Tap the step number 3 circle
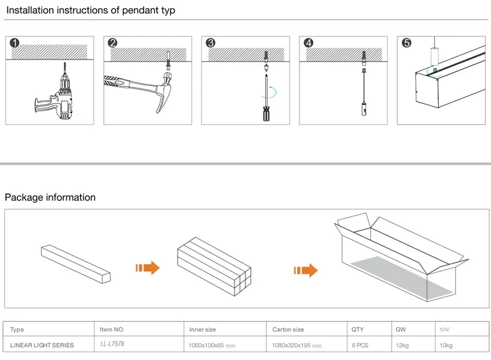tap(211, 43)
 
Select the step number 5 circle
tap(406, 43)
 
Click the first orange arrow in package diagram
tap(147, 268)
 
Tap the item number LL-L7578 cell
tap(112, 345)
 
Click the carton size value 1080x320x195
tap(296, 345)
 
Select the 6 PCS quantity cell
tap(360, 345)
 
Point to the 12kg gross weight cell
tap(403, 345)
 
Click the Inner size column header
tap(203, 330)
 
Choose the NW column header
tap(444, 330)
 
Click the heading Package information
tap(50, 198)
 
